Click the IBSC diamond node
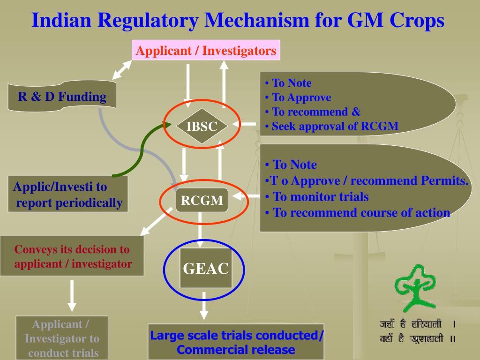coord(202,126)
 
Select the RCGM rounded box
coord(202,201)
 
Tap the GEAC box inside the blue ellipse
coord(206,268)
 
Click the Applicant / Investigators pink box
coord(206,50)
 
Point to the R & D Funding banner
coord(62,97)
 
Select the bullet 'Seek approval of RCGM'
coord(335,126)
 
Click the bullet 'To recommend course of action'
coord(361,212)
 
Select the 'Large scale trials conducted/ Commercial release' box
coord(236,342)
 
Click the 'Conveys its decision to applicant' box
coord(72,256)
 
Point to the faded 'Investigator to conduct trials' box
coord(62,338)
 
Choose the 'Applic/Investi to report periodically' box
coord(68,195)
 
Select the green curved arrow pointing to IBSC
coord(141,150)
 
